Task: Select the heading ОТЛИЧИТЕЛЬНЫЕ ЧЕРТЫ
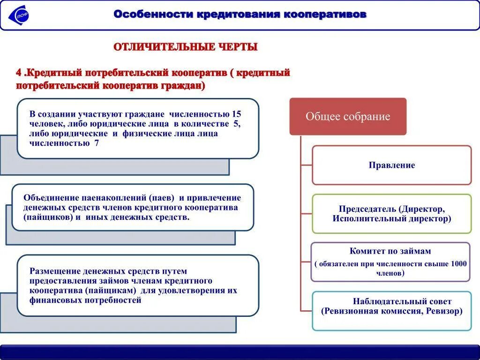186,47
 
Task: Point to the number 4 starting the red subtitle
19,73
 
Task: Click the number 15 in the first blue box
236,114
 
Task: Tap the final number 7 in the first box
97,143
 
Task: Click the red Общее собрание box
348,117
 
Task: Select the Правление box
391,165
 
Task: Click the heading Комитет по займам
390,251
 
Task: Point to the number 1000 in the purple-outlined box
458,263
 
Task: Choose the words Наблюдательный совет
402,301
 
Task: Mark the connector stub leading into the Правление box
307,165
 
